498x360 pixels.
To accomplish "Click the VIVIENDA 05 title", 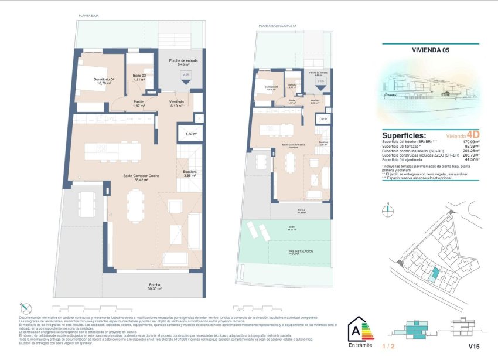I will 430,51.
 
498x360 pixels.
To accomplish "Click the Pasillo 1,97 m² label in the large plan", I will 138,104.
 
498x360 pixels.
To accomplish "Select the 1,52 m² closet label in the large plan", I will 190,134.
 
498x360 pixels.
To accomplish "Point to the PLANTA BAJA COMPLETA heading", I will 278,26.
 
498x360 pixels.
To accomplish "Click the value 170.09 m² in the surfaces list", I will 470,142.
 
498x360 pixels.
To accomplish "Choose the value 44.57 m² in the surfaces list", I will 472,159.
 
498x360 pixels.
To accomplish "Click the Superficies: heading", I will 404,134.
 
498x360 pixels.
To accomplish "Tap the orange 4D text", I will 472,134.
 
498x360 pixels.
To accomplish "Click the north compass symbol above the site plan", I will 387,206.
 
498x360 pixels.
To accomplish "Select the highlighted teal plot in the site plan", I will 434,273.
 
